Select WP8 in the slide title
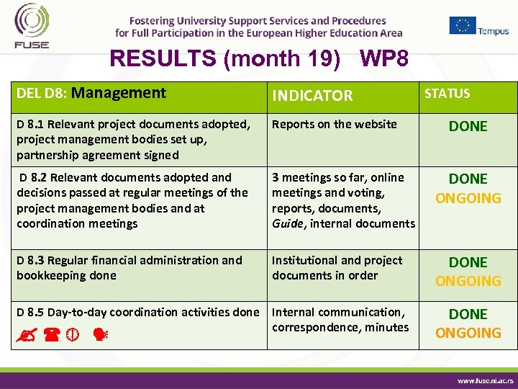coord(384,58)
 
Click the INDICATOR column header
coord(312,95)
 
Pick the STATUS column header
coord(447,94)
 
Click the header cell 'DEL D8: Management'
coord(91,93)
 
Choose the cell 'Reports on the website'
coord(335,124)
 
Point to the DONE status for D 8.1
coord(468,126)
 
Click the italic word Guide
coord(288,223)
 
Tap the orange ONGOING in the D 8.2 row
coord(468,198)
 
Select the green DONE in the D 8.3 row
coord(468,262)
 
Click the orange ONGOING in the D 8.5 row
coord(468,333)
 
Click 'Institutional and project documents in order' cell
coord(337,267)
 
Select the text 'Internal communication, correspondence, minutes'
coord(340,319)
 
